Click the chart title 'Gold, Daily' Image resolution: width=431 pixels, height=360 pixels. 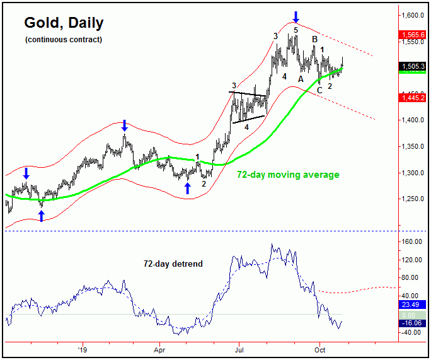[64, 23]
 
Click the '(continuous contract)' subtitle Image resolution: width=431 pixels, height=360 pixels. [63, 40]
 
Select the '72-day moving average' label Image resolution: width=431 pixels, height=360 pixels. [288, 175]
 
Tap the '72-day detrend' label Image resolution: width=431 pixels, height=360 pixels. [173, 264]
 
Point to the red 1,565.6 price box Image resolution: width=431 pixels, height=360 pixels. [413, 35]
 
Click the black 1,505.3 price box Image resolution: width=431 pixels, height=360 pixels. [413, 66]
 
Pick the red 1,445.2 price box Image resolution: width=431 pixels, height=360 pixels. [413, 96]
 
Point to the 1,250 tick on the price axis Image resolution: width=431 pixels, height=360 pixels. [413, 199]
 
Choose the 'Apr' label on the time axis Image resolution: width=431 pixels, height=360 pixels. [159, 348]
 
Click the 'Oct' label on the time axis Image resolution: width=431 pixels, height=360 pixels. [319, 348]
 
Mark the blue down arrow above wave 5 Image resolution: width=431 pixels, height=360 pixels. [296, 16]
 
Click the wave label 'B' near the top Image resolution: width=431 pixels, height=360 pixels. [314, 40]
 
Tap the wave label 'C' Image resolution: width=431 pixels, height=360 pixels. [319, 90]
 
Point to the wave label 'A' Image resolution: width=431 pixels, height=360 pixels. [301, 79]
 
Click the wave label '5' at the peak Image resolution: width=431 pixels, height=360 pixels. [296, 29]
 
